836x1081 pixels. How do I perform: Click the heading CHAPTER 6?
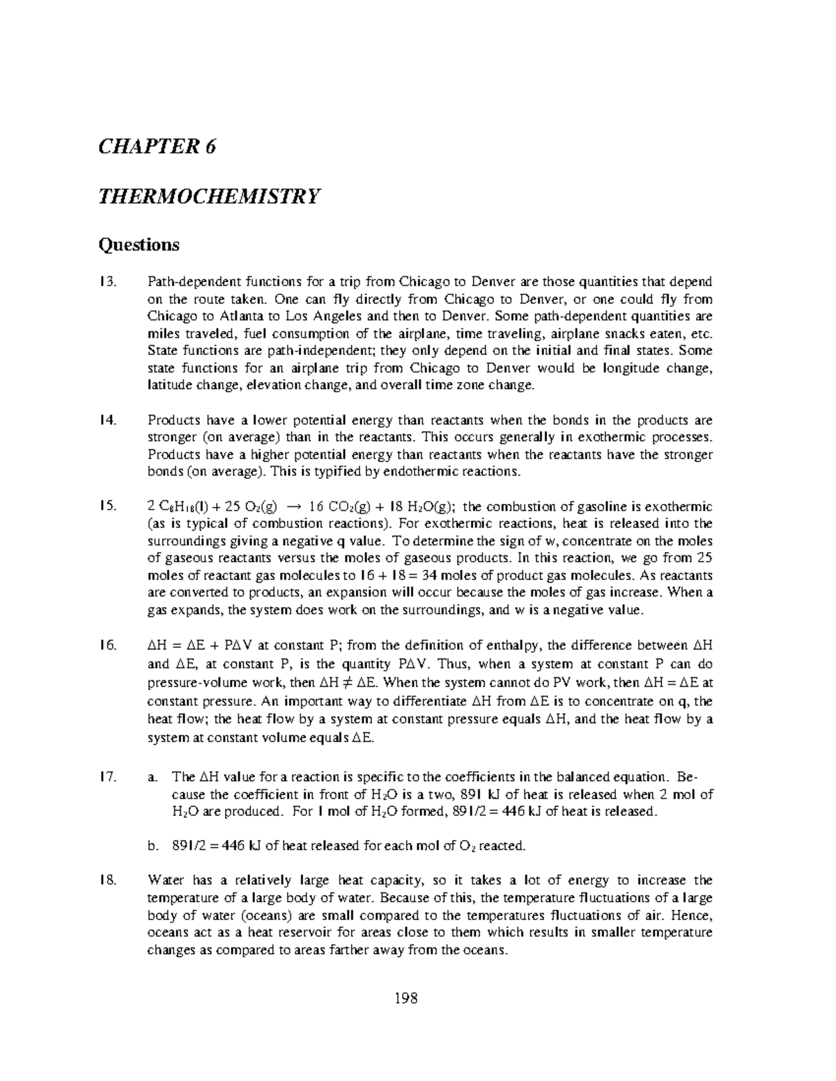(157, 147)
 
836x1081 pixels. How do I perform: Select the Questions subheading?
(139, 244)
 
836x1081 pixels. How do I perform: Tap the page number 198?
(417, 999)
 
